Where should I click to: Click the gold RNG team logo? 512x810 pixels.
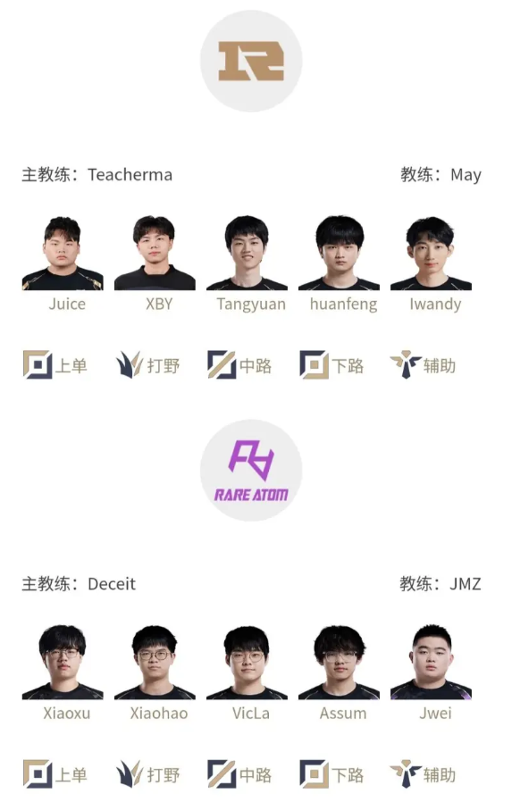click(251, 61)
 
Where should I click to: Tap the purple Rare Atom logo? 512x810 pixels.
click(251, 471)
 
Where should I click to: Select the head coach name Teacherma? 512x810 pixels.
click(130, 175)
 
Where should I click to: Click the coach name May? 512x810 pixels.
click(466, 175)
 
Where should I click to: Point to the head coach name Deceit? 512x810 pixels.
click(112, 584)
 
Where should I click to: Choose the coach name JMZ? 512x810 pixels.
click(466, 584)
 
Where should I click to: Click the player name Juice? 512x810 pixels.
click(67, 304)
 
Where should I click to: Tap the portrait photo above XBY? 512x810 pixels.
click(155, 253)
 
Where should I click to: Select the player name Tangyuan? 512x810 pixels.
click(251, 305)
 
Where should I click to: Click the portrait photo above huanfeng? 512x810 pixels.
click(339, 253)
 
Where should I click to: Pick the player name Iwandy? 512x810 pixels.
click(435, 305)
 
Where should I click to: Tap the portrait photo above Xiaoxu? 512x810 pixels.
click(63, 662)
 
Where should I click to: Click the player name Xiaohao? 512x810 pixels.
click(159, 714)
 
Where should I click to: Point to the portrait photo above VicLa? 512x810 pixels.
click(247, 662)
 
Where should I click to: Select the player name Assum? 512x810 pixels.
click(343, 714)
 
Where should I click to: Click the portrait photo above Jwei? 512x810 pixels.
click(431, 662)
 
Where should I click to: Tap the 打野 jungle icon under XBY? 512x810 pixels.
click(130, 364)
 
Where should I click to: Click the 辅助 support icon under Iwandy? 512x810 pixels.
click(406, 364)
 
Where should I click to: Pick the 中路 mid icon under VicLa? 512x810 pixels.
click(222, 774)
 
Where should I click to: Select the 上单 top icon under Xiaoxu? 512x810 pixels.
click(38, 774)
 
